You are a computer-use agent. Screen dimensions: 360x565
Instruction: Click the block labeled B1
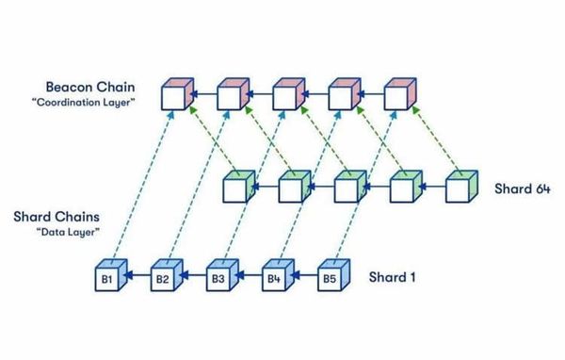click(107, 280)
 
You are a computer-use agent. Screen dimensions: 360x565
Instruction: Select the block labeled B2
click(162, 280)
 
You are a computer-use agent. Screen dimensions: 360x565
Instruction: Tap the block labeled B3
click(218, 280)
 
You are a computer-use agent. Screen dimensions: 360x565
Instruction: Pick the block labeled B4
click(274, 280)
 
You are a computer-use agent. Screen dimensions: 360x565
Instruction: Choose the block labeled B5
click(330, 280)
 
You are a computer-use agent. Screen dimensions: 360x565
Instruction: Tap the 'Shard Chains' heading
click(57, 218)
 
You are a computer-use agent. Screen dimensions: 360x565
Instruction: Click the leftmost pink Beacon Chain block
click(175, 96)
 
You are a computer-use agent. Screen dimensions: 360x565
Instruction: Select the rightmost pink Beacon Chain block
click(398, 96)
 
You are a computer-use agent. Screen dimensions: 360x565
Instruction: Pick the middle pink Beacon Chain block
click(287, 96)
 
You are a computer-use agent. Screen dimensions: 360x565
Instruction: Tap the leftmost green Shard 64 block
click(234, 189)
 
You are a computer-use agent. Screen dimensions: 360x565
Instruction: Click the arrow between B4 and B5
click(301, 278)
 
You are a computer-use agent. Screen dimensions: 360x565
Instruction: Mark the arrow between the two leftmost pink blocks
click(202, 94)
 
